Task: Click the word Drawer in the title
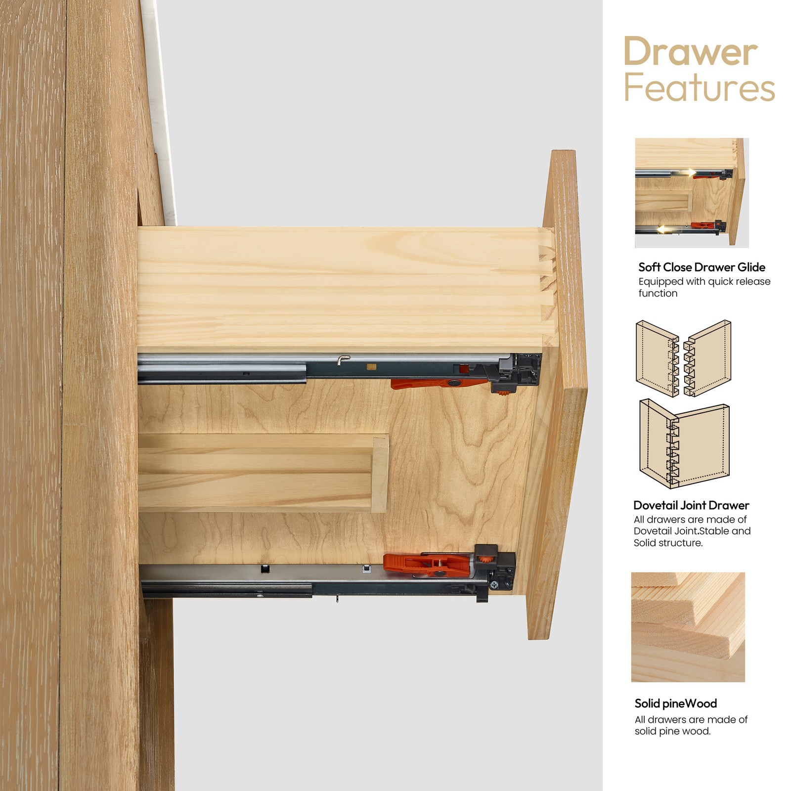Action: pos(691,51)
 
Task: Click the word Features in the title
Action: pos(700,88)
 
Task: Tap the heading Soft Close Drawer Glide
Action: pos(702,267)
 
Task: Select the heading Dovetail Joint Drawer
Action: pos(691,505)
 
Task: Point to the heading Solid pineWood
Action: pos(675,703)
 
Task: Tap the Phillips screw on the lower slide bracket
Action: pos(494,585)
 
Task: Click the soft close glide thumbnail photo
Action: pos(692,193)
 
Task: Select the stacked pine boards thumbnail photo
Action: pos(688,627)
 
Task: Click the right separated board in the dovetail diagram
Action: pos(707,358)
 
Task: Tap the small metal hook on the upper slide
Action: pos(343,359)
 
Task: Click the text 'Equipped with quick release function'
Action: pos(704,287)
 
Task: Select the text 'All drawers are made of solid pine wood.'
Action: pos(691,725)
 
